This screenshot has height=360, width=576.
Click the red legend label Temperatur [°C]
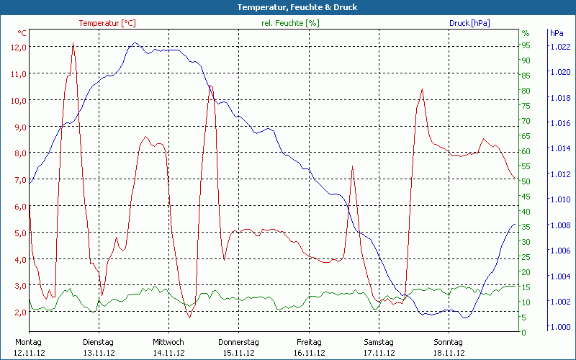[107, 23]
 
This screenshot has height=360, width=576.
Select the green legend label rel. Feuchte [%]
[290, 23]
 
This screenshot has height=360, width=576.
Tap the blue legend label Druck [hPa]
[469, 23]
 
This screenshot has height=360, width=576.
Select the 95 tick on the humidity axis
[526, 45]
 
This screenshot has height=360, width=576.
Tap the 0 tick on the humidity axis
[523, 333]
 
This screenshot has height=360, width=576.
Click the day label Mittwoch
[168, 342]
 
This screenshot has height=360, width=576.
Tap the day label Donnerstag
[238, 342]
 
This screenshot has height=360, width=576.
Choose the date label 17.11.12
[378, 353]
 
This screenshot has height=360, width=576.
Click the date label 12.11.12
[29, 353]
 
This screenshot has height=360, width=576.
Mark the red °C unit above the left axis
[22, 33]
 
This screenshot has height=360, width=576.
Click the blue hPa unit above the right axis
[557, 33]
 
